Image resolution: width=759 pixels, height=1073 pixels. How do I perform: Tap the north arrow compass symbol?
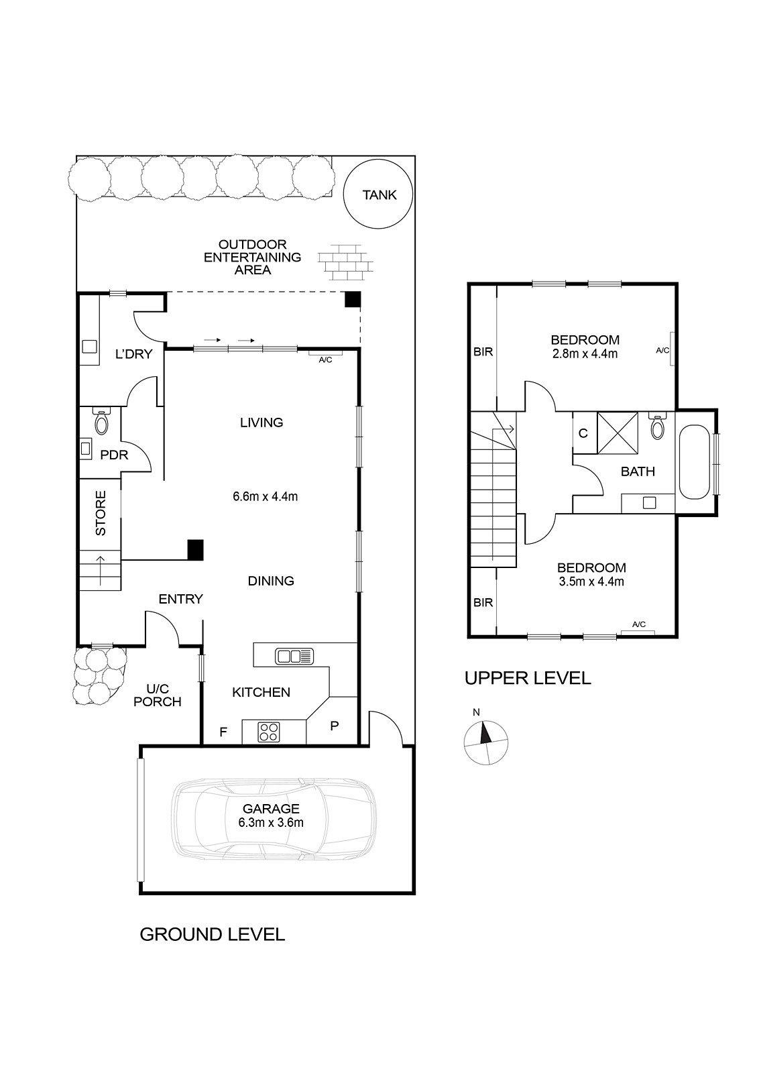coord(485,744)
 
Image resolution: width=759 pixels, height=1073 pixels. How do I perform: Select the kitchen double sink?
coord(294,656)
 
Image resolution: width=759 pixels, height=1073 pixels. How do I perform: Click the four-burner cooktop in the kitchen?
coord(269,732)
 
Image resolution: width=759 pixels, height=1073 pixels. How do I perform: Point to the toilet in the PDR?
coord(101,420)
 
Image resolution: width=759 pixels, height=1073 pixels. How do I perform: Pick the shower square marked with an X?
coord(618,433)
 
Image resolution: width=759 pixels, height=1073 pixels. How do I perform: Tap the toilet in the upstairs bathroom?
coord(658,425)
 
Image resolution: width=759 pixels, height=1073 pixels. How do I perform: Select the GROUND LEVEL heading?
coord(212,934)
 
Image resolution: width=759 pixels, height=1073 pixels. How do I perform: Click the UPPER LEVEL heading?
coord(528,678)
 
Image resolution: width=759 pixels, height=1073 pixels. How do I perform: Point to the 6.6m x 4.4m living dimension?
coord(266,496)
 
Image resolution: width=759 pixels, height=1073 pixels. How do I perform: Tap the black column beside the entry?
coord(195,550)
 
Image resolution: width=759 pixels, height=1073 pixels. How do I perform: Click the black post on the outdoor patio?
coord(353,299)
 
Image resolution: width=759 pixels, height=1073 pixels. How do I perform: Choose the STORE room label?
coord(101,513)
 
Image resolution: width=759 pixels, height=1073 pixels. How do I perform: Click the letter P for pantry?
coord(335,726)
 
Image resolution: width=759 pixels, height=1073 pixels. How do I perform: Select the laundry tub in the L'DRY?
coord(90,346)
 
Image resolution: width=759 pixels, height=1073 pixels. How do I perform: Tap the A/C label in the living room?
coord(325,359)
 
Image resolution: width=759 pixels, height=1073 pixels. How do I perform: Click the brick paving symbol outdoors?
coord(345,262)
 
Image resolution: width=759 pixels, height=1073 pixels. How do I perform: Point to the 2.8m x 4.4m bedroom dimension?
coord(585,354)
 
